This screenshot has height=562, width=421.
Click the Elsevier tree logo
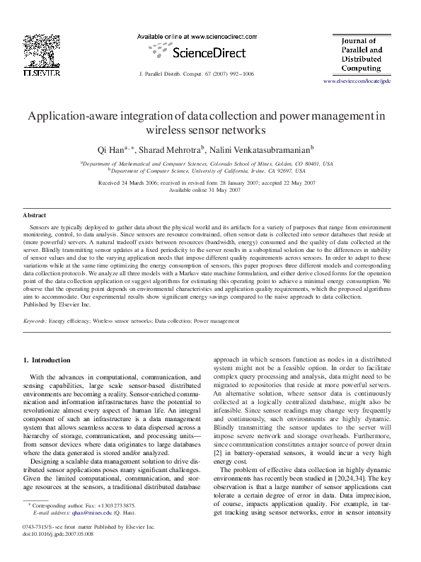[35, 50]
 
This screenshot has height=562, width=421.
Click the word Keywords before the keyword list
[35, 321]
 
